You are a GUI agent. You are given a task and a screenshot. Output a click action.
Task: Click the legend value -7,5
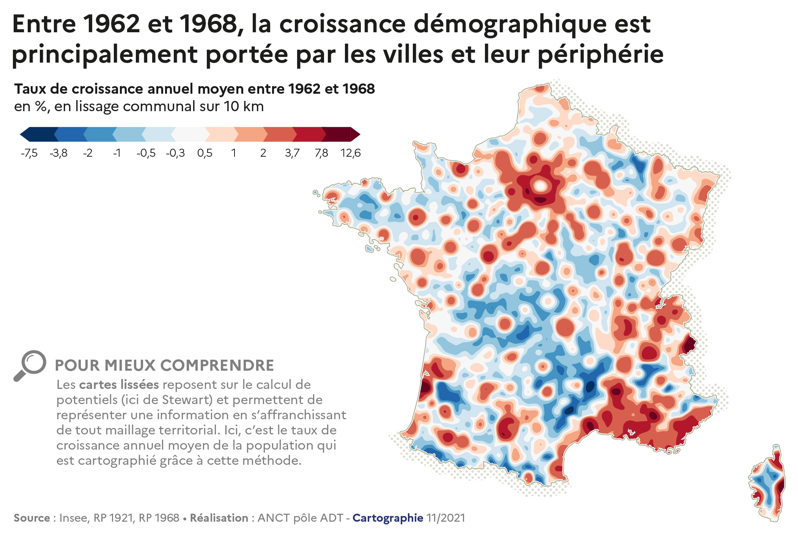click(x=29, y=153)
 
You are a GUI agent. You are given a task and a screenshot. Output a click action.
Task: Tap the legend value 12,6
click(x=350, y=153)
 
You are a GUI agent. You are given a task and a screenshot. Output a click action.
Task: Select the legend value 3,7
click(x=292, y=153)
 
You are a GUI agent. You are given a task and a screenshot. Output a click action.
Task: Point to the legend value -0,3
click(x=175, y=153)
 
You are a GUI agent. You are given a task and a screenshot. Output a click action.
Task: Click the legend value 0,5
click(x=205, y=153)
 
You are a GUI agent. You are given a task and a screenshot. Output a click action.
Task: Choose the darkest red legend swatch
click(x=338, y=134)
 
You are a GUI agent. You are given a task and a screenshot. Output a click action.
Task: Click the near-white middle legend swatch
click(x=190, y=134)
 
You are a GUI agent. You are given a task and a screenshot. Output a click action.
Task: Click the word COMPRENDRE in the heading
click(x=217, y=365)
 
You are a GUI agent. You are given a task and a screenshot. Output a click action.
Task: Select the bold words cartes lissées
click(x=119, y=385)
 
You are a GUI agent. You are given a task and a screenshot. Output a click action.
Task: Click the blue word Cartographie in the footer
click(x=388, y=518)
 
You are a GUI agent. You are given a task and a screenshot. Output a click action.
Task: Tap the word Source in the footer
click(x=32, y=518)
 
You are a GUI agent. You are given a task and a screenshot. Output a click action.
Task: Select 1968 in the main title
click(x=208, y=24)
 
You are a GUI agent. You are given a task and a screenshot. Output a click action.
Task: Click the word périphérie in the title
click(x=601, y=54)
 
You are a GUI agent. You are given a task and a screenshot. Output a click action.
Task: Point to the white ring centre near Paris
click(x=540, y=186)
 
